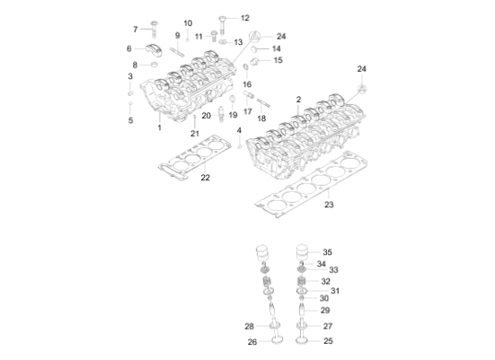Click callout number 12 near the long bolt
pyautogui.click(x=244, y=18)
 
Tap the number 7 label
pyautogui.click(x=136, y=29)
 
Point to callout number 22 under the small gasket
pyautogui.click(x=205, y=178)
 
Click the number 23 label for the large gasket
pyautogui.click(x=329, y=206)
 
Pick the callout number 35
pyautogui.click(x=327, y=252)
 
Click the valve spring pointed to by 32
pyautogui.click(x=303, y=281)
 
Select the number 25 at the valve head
pyautogui.click(x=327, y=341)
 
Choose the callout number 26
pyautogui.click(x=252, y=341)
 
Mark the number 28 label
pyautogui.click(x=250, y=326)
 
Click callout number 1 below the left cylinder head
pyautogui.click(x=159, y=127)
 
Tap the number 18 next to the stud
pyautogui.click(x=262, y=118)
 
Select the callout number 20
pyautogui.click(x=206, y=115)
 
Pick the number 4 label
pyautogui.click(x=239, y=131)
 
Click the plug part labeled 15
pyautogui.click(x=255, y=61)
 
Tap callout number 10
pyautogui.click(x=188, y=23)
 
